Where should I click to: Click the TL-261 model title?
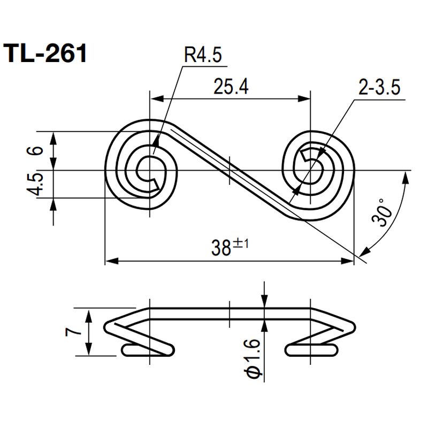45,54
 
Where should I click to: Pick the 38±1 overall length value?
230,248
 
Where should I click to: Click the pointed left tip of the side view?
106,324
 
